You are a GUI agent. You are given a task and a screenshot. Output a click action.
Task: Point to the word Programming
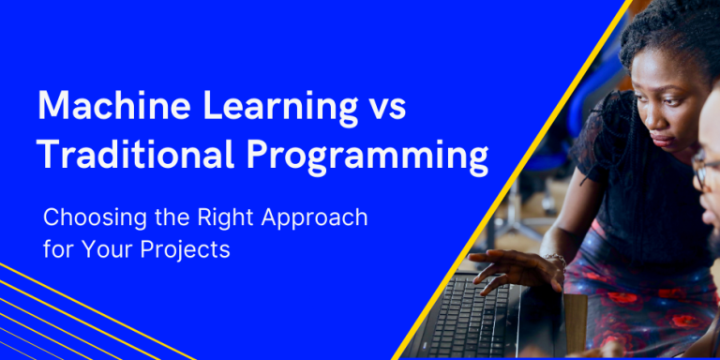[366, 157]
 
